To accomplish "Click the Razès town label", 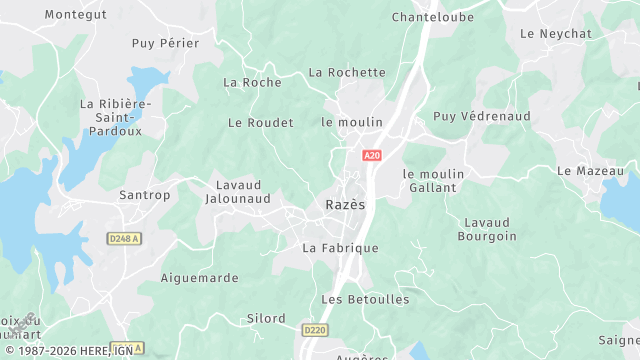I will (345, 205).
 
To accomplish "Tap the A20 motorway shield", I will (372, 156).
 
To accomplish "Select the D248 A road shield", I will (124, 238).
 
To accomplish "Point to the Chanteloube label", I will (432, 17).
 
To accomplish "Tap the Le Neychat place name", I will (556, 33).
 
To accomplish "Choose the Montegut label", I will (75, 15).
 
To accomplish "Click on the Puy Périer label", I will (165, 43).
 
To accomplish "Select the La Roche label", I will (252, 82).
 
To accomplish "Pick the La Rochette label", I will (347, 72).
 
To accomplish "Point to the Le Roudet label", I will (261, 123).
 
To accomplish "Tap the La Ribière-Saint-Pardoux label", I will (115, 117).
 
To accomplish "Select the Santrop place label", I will (145, 195).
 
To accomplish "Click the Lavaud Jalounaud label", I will (244, 192).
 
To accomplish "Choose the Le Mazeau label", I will (590, 171).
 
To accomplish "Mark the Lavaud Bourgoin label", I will (487, 229).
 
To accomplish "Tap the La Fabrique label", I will (340, 248).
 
